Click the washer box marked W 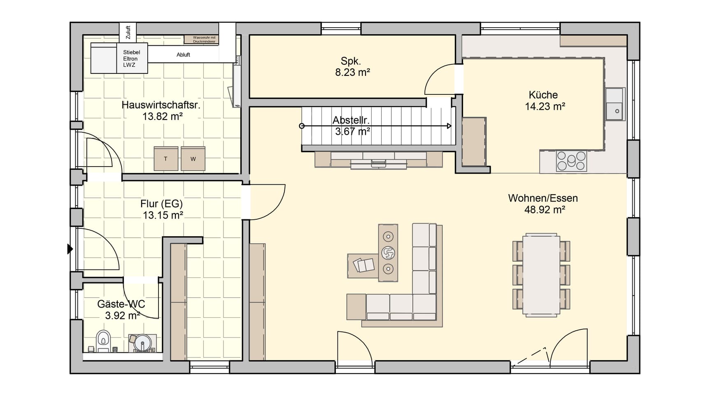pos(193,159)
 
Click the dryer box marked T pos(166,159)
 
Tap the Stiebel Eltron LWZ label pos(131,59)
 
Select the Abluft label pos(183,54)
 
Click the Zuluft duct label pos(128,32)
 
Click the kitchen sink pos(615,104)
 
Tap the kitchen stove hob pos(571,161)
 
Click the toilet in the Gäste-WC pos(103,341)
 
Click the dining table pos(541,275)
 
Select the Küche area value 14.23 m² pos(544,106)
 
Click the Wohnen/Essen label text pos(543,198)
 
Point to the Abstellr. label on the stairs pos(351,120)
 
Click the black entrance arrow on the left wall pos(70,249)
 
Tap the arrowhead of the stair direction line pos(449,126)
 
